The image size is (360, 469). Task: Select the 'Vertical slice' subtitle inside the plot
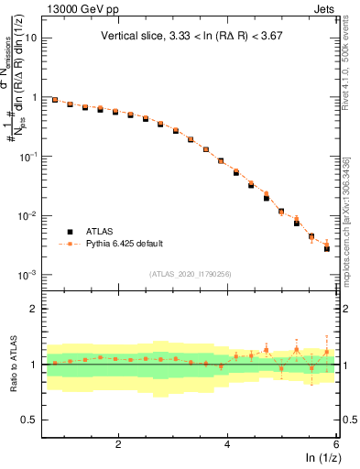(195, 38)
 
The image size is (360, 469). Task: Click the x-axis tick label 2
(118, 444)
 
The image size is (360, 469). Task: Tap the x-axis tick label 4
(227, 444)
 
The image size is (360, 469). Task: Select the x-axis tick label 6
(336, 444)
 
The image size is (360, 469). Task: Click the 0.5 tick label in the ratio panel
(27, 420)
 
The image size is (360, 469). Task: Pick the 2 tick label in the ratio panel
(33, 309)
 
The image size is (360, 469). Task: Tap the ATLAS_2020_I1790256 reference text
(191, 274)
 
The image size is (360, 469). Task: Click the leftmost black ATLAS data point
(55, 100)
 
